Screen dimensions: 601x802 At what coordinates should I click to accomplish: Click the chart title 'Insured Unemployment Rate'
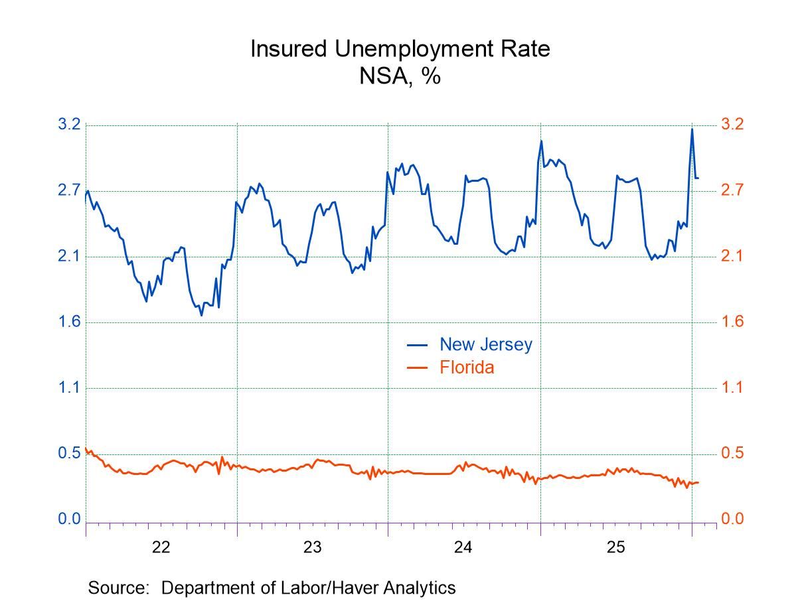click(x=400, y=49)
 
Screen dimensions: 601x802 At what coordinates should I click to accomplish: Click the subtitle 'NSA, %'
click(x=400, y=76)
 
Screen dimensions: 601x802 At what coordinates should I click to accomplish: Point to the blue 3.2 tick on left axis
click(x=69, y=125)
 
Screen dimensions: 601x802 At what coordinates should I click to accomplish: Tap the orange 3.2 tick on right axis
click(x=732, y=125)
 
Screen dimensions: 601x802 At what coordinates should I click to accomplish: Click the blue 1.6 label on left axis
click(x=69, y=322)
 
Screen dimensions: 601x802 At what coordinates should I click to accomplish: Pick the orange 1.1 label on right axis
click(x=732, y=388)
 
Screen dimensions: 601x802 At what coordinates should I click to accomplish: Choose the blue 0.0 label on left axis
click(x=69, y=519)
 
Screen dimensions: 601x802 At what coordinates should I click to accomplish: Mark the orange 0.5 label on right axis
click(x=732, y=454)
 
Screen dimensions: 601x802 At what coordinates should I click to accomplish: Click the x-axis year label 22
click(x=161, y=547)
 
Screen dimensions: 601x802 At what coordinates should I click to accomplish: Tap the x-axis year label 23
click(x=313, y=547)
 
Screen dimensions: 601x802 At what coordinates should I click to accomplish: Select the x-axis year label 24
click(x=463, y=547)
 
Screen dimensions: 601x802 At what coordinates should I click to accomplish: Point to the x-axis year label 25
click(x=615, y=547)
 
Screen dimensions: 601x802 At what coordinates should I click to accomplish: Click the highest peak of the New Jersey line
click(x=692, y=129)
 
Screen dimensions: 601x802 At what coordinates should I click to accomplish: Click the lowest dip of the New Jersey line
click(x=201, y=315)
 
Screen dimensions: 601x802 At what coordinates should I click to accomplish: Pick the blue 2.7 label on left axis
click(x=69, y=190)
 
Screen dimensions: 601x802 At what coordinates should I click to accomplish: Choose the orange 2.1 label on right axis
click(x=732, y=257)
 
